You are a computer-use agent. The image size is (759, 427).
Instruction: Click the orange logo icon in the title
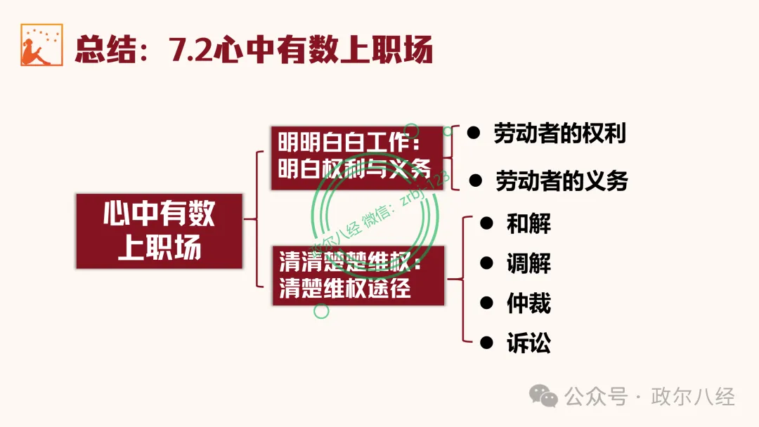point(41,45)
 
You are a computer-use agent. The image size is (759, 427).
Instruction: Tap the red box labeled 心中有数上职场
point(160,231)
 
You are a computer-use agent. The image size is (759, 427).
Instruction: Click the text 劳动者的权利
point(559,133)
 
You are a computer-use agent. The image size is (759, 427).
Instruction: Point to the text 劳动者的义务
point(562,181)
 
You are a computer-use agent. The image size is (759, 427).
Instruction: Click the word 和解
point(528,224)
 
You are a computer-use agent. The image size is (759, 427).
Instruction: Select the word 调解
point(528,264)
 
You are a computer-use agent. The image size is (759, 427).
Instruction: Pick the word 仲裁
point(528,303)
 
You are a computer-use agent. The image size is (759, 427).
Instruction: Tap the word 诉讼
point(528,343)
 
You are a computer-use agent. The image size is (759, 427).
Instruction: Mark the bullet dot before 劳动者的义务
point(476,180)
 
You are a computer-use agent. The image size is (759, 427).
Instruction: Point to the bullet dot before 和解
point(486,223)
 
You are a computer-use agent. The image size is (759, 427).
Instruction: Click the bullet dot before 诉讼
point(486,343)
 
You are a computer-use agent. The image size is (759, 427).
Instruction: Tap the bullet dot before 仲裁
point(486,303)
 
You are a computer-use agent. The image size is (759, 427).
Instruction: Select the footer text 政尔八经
point(693,397)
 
